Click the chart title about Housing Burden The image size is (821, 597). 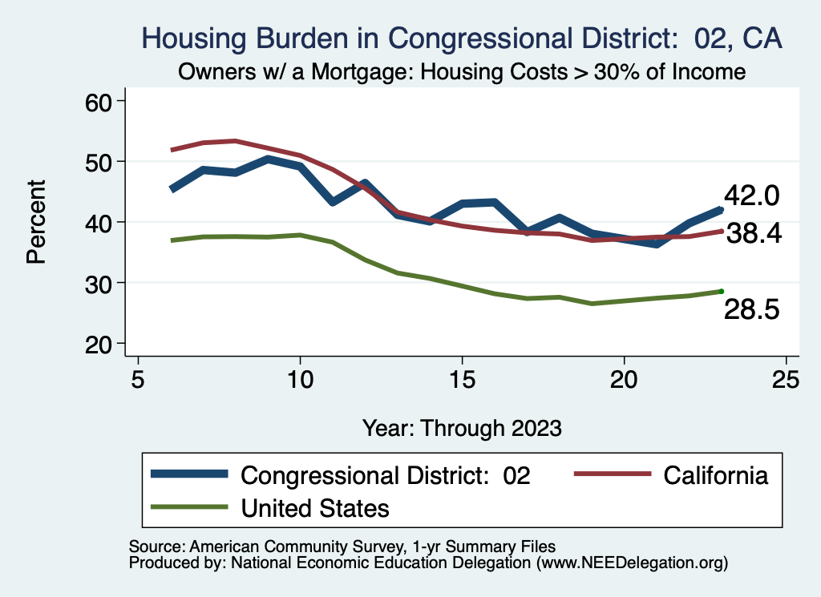tap(461, 38)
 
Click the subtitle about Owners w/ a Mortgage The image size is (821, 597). tap(461, 72)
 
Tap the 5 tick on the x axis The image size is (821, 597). tap(138, 379)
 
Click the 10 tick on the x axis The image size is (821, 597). tap(300, 379)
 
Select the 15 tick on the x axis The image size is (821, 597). tap(462, 379)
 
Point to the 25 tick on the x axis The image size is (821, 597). tap(786, 379)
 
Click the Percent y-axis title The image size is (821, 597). tap(35, 222)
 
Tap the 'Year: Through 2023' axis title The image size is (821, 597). tap(461, 427)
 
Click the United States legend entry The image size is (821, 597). tap(315, 507)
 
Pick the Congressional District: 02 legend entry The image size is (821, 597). tap(386, 475)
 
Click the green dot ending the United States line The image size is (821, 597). tap(721, 291)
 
